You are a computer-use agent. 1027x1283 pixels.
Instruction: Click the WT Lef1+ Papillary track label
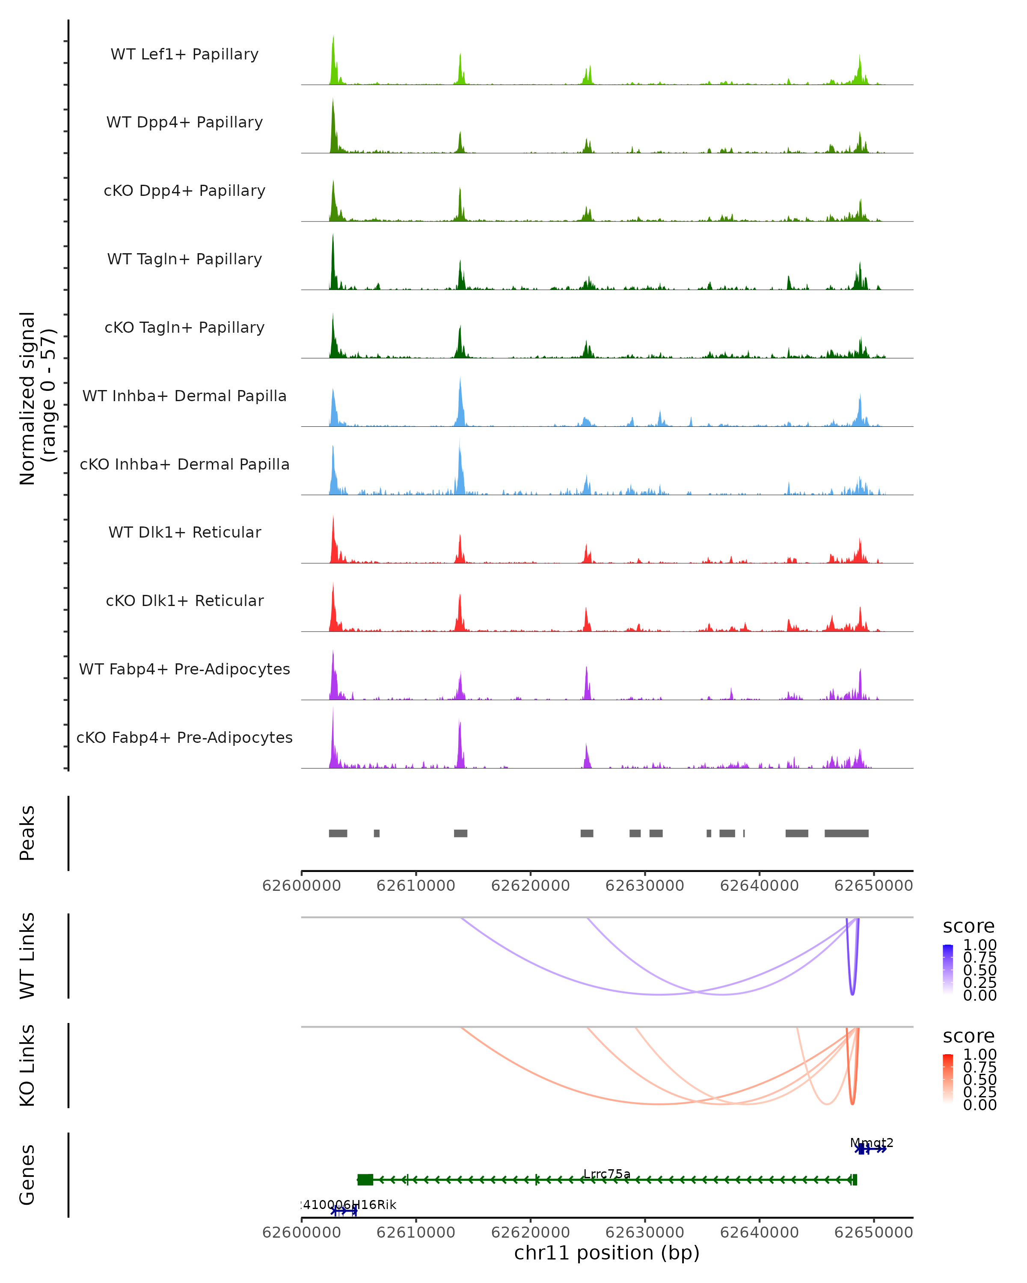point(184,54)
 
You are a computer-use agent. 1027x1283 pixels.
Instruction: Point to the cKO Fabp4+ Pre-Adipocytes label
point(184,737)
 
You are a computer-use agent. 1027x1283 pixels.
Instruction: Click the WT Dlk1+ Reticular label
point(184,532)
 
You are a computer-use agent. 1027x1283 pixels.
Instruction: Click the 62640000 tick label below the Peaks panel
point(759,886)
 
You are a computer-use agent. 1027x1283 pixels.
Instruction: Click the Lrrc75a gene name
point(607,1174)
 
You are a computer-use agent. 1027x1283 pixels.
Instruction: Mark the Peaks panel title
point(27,833)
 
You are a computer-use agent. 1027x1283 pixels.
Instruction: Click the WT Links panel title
point(27,956)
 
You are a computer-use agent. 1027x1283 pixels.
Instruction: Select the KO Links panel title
point(27,1065)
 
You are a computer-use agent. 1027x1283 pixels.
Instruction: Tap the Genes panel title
point(27,1175)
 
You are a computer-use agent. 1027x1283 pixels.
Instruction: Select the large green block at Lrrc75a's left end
point(365,1180)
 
